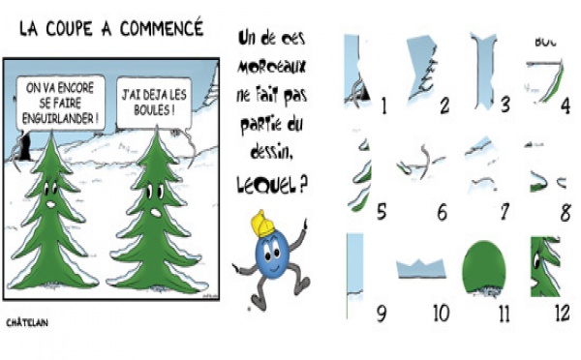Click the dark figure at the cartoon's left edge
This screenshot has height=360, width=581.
[x=25, y=147]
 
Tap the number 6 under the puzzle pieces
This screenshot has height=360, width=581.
[x=442, y=210]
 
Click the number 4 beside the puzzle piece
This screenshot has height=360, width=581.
[x=564, y=105]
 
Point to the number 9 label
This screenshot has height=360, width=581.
[x=381, y=313]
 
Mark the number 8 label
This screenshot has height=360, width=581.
[x=564, y=210]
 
